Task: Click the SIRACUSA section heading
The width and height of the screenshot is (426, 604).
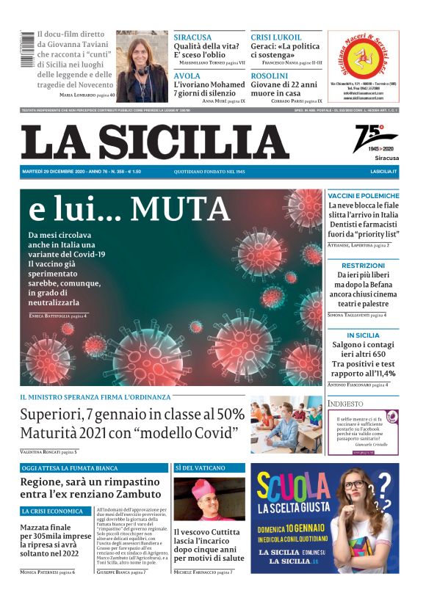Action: tap(192, 37)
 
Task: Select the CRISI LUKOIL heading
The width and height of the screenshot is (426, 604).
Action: tap(276, 37)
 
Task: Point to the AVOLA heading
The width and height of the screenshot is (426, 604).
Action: tap(187, 76)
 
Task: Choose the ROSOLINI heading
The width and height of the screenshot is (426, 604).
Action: tap(269, 76)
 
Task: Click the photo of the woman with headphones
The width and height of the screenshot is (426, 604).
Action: tap(142, 66)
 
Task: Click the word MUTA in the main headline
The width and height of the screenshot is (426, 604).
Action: tap(180, 210)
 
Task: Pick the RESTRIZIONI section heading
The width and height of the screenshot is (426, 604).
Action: tap(363, 265)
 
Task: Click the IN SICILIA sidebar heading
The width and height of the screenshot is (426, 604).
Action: tap(363, 335)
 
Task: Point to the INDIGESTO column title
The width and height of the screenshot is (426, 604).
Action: tap(346, 404)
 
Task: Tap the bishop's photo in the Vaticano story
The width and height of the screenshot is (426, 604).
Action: tap(209, 499)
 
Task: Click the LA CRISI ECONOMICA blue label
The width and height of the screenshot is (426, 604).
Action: tap(52, 511)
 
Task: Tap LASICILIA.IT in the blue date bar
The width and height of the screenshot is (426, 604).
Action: tap(383, 171)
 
